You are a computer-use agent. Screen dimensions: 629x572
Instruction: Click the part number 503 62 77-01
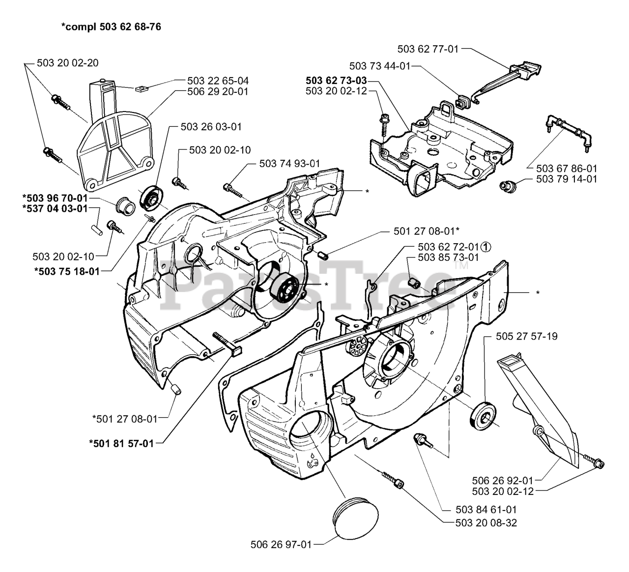[428, 49]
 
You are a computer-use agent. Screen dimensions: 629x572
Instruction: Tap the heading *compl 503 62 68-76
[112, 27]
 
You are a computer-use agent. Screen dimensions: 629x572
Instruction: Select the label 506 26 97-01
[281, 544]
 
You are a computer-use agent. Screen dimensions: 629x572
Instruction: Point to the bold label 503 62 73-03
[336, 81]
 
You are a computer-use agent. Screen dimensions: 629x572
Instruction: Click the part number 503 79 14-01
[567, 179]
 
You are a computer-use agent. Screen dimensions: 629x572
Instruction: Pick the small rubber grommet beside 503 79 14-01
[508, 186]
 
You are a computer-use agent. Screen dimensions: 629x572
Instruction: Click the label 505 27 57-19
[527, 337]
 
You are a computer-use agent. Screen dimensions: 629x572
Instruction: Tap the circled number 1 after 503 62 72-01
[486, 247]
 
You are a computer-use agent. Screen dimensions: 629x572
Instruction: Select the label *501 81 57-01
[121, 443]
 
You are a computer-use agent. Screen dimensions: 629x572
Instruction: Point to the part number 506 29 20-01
[218, 91]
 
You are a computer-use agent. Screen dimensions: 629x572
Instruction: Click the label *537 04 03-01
[55, 208]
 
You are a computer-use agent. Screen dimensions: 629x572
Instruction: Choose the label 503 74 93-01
[289, 163]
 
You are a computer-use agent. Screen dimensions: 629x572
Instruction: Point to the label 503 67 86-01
[567, 169]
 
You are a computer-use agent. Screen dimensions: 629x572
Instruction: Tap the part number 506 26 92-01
[503, 480]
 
